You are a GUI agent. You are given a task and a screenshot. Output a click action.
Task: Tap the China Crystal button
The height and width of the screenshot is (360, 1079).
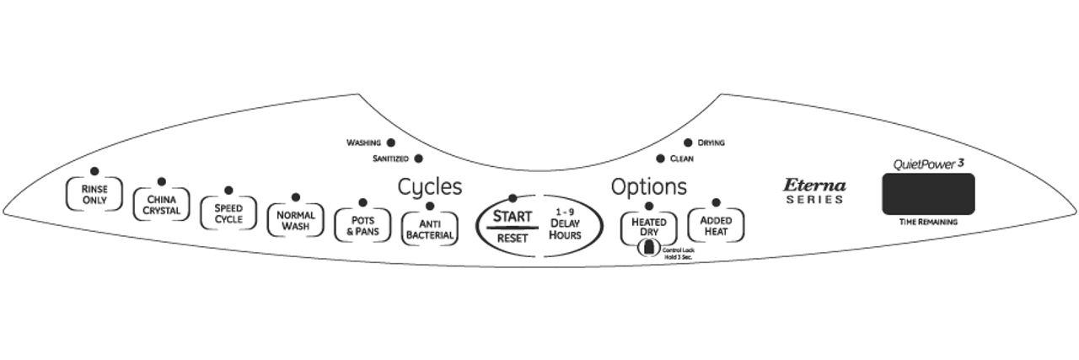tap(161, 205)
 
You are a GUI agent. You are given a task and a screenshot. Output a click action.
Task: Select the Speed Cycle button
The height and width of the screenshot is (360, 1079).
tap(228, 213)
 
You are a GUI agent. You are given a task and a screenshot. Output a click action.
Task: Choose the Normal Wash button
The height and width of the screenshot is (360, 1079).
tap(295, 220)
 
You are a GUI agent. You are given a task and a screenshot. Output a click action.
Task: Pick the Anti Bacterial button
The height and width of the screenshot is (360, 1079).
tap(430, 229)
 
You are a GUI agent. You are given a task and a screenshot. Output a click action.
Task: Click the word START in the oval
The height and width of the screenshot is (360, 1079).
tap(512, 217)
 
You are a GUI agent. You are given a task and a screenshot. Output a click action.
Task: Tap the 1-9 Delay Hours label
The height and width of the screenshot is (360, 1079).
tap(565, 223)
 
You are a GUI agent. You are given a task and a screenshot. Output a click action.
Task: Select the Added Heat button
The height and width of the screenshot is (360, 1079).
tap(716, 224)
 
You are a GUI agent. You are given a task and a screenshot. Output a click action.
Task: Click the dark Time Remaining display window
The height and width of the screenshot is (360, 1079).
tap(928, 194)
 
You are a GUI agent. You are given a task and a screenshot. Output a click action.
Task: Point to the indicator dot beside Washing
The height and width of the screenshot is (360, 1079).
tap(390, 143)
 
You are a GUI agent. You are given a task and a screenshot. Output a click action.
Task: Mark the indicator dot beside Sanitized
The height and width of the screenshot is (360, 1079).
tap(418, 159)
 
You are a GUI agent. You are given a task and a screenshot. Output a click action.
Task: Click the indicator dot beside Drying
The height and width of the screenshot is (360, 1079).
tap(688, 143)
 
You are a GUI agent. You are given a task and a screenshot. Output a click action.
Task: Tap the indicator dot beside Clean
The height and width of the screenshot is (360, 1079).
tap(660, 159)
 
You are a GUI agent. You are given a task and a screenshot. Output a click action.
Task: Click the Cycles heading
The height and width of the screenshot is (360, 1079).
tap(430, 186)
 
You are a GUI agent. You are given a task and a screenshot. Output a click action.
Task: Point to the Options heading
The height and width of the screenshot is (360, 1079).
tap(648, 186)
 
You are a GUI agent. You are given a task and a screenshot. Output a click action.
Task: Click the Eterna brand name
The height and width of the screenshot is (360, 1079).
tap(814, 185)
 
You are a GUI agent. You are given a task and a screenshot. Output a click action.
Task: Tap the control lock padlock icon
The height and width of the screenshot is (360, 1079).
tap(648, 248)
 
